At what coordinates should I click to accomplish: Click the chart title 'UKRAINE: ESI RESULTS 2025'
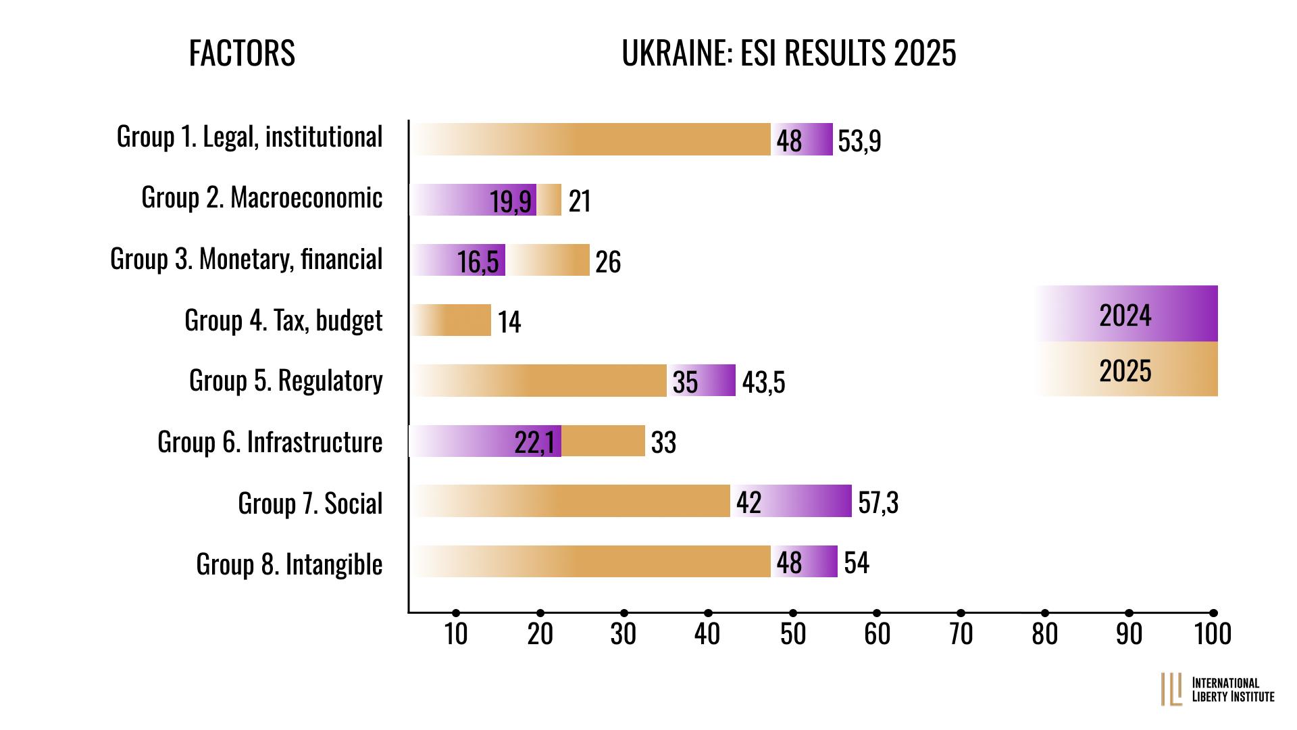pyautogui.click(x=788, y=54)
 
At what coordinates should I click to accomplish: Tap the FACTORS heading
pyautogui.click(x=242, y=54)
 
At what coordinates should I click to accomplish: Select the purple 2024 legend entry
pyautogui.click(x=1126, y=314)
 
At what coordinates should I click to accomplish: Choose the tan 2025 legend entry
pyautogui.click(x=1126, y=370)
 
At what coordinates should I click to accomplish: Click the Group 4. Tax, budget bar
pyautogui.click(x=451, y=320)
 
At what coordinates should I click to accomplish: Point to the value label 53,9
pyautogui.click(x=859, y=141)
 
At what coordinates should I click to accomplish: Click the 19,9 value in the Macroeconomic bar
pyautogui.click(x=511, y=201)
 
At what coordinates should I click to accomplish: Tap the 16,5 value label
pyautogui.click(x=478, y=262)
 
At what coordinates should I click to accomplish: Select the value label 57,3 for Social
pyautogui.click(x=878, y=503)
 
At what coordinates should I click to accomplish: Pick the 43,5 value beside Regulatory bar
pyautogui.click(x=763, y=383)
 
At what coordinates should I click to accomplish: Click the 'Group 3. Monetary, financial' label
pyautogui.click(x=247, y=259)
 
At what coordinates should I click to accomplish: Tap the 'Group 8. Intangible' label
pyautogui.click(x=289, y=564)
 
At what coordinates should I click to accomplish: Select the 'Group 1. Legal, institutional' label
pyautogui.click(x=249, y=137)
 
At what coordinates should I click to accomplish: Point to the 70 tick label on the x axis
pyautogui.click(x=961, y=634)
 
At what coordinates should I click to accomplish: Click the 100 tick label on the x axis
pyautogui.click(x=1213, y=634)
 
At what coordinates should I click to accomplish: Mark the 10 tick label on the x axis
pyautogui.click(x=456, y=634)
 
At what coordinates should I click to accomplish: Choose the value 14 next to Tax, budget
pyautogui.click(x=509, y=322)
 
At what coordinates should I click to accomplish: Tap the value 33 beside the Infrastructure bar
pyautogui.click(x=663, y=443)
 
